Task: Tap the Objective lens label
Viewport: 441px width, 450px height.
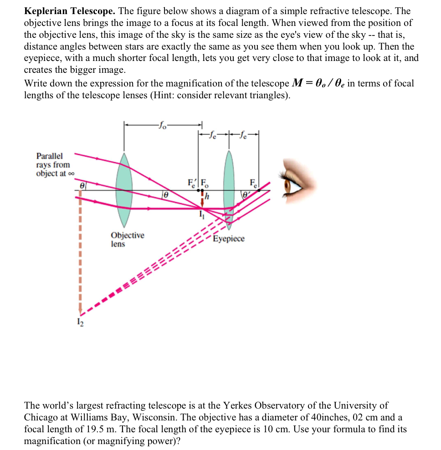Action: [x=127, y=239]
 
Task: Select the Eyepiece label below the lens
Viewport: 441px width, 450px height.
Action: [x=229, y=239]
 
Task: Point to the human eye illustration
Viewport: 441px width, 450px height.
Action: [x=298, y=184]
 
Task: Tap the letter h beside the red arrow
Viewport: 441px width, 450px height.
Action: [x=207, y=197]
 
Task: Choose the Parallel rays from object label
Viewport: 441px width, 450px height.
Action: [x=54, y=165]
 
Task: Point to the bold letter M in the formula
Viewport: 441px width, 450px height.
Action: [x=296, y=83]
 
